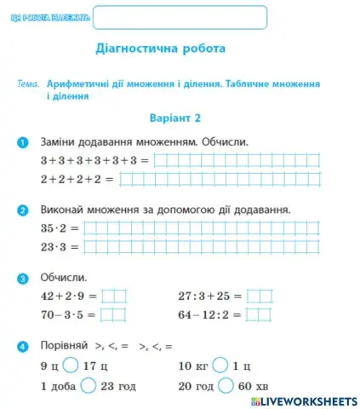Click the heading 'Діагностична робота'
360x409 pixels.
pos(161,49)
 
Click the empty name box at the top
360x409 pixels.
pos(179,17)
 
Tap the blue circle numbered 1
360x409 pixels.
pos(23,141)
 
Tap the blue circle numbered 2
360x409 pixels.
pos(23,209)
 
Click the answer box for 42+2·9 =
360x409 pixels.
pos(113,297)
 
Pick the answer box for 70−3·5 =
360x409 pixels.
pos(113,314)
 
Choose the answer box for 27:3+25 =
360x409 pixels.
pos(260,297)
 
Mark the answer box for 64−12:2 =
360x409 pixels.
pos(260,314)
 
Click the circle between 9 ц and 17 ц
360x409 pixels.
pos(69,366)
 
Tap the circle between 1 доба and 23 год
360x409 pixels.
pos(89,384)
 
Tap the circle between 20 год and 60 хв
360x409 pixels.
pos(226,384)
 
